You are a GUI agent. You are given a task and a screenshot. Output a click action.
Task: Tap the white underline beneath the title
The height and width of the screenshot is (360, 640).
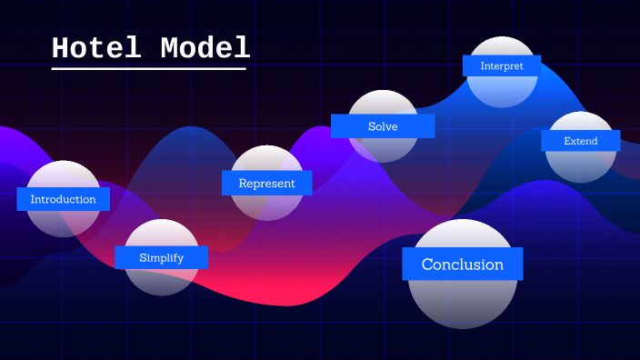[x=149, y=68]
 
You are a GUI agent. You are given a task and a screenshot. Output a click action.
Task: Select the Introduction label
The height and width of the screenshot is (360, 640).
[x=63, y=199]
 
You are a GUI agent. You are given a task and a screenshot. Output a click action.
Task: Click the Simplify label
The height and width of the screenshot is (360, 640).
[x=161, y=257]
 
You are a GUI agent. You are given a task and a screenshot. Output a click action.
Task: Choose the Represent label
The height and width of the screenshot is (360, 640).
[x=266, y=183]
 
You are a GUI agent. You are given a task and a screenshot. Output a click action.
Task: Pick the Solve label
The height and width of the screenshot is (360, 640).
[x=383, y=126]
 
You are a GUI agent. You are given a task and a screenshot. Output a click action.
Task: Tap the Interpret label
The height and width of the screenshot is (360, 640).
[x=502, y=65]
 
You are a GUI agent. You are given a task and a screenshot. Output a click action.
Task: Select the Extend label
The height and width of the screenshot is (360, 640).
[x=581, y=141]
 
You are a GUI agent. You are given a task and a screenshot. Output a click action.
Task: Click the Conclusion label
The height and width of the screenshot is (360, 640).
[x=462, y=265]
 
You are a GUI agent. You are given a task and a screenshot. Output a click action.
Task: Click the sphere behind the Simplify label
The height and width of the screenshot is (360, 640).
[x=161, y=280]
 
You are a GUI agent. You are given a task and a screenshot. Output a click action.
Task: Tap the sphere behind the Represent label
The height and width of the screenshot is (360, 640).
[x=266, y=205]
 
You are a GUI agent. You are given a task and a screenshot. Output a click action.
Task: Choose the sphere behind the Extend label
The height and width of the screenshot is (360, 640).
[x=581, y=165]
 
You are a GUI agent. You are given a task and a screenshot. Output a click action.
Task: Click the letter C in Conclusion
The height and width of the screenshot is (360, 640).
[x=427, y=265]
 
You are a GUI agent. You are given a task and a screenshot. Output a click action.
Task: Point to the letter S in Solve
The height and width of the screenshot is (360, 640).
[x=372, y=126]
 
